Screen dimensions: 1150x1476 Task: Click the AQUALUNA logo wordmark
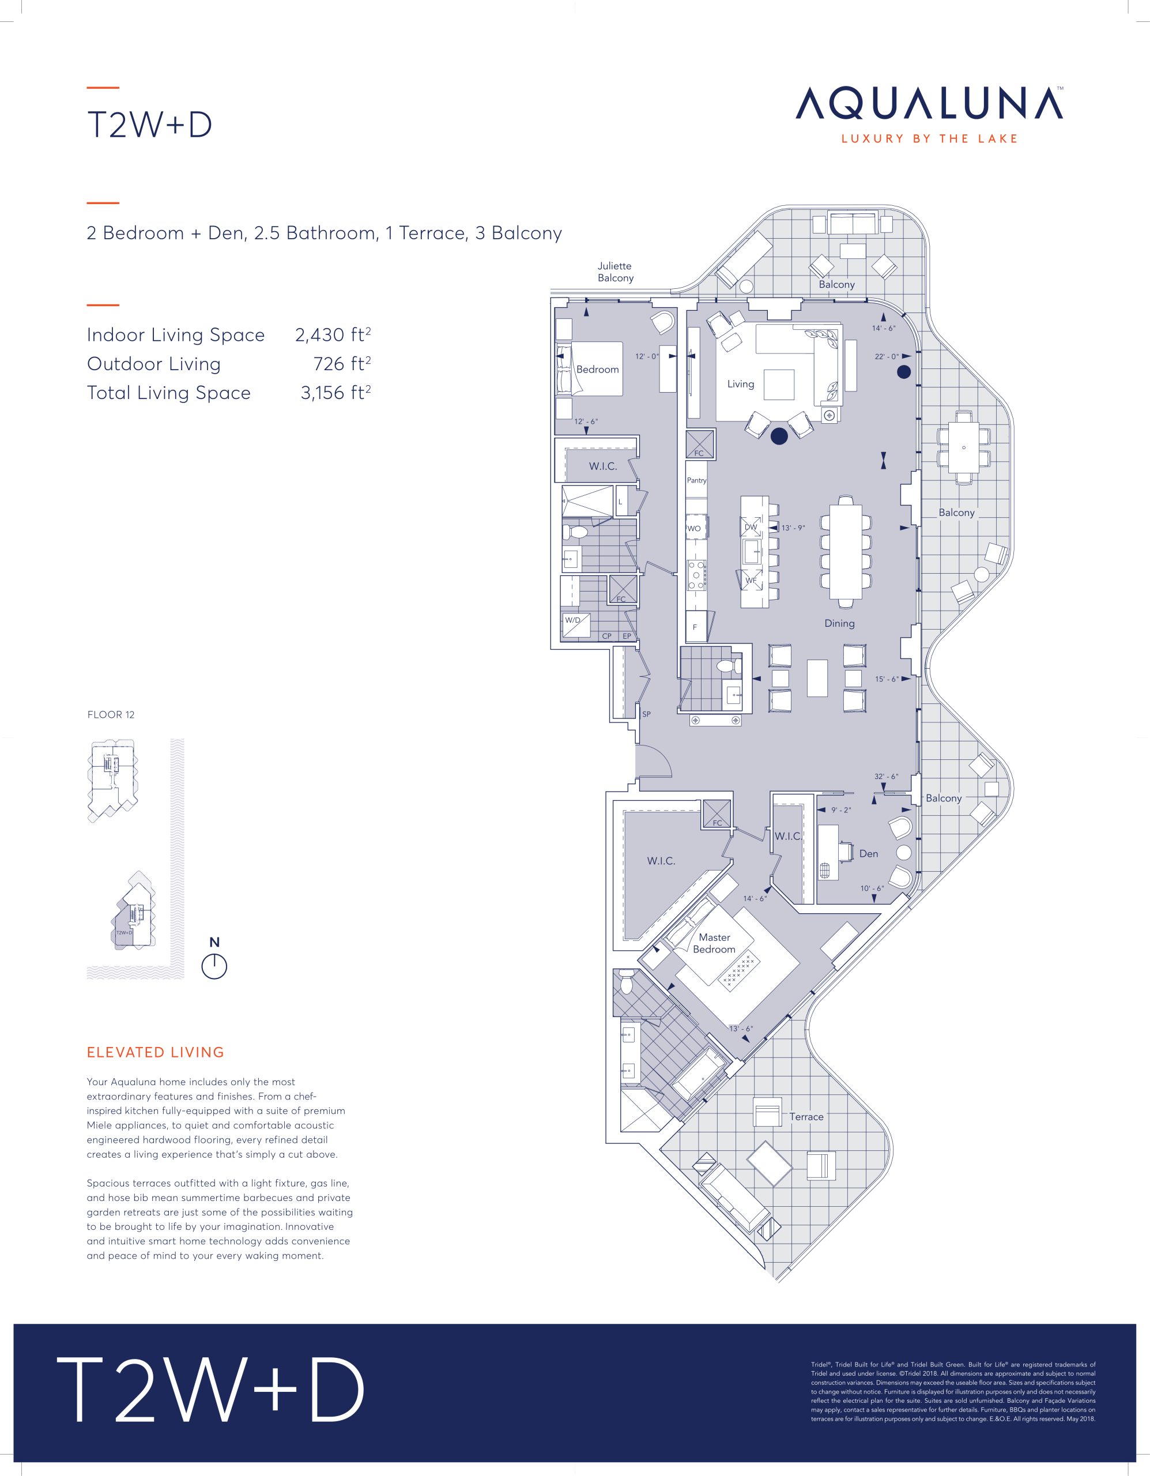[x=930, y=103]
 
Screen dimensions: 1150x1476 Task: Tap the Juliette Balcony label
[x=616, y=272]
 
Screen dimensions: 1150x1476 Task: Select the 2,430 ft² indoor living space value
[x=333, y=334]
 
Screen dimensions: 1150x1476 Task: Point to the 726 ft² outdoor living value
[x=342, y=364]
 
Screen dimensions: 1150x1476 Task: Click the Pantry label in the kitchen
[x=696, y=480]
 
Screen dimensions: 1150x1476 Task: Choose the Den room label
[x=868, y=853]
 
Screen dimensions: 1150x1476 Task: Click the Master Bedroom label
[x=714, y=943]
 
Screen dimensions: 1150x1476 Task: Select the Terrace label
[x=807, y=1116]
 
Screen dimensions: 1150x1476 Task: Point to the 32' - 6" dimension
[x=886, y=777]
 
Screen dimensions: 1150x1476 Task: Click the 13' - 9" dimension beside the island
[x=793, y=528]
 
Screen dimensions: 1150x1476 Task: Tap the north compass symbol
[x=214, y=966]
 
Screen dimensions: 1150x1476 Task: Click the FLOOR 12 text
[x=111, y=714]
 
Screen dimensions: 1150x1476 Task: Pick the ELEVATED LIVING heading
[x=156, y=1052]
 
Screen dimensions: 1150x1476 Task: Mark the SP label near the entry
[x=646, y=714]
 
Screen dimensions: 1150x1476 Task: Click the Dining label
[x=839, y=624]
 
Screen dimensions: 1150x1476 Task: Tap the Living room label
[x=741, y=384]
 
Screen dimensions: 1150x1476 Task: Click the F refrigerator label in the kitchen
[x=695, y=628]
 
